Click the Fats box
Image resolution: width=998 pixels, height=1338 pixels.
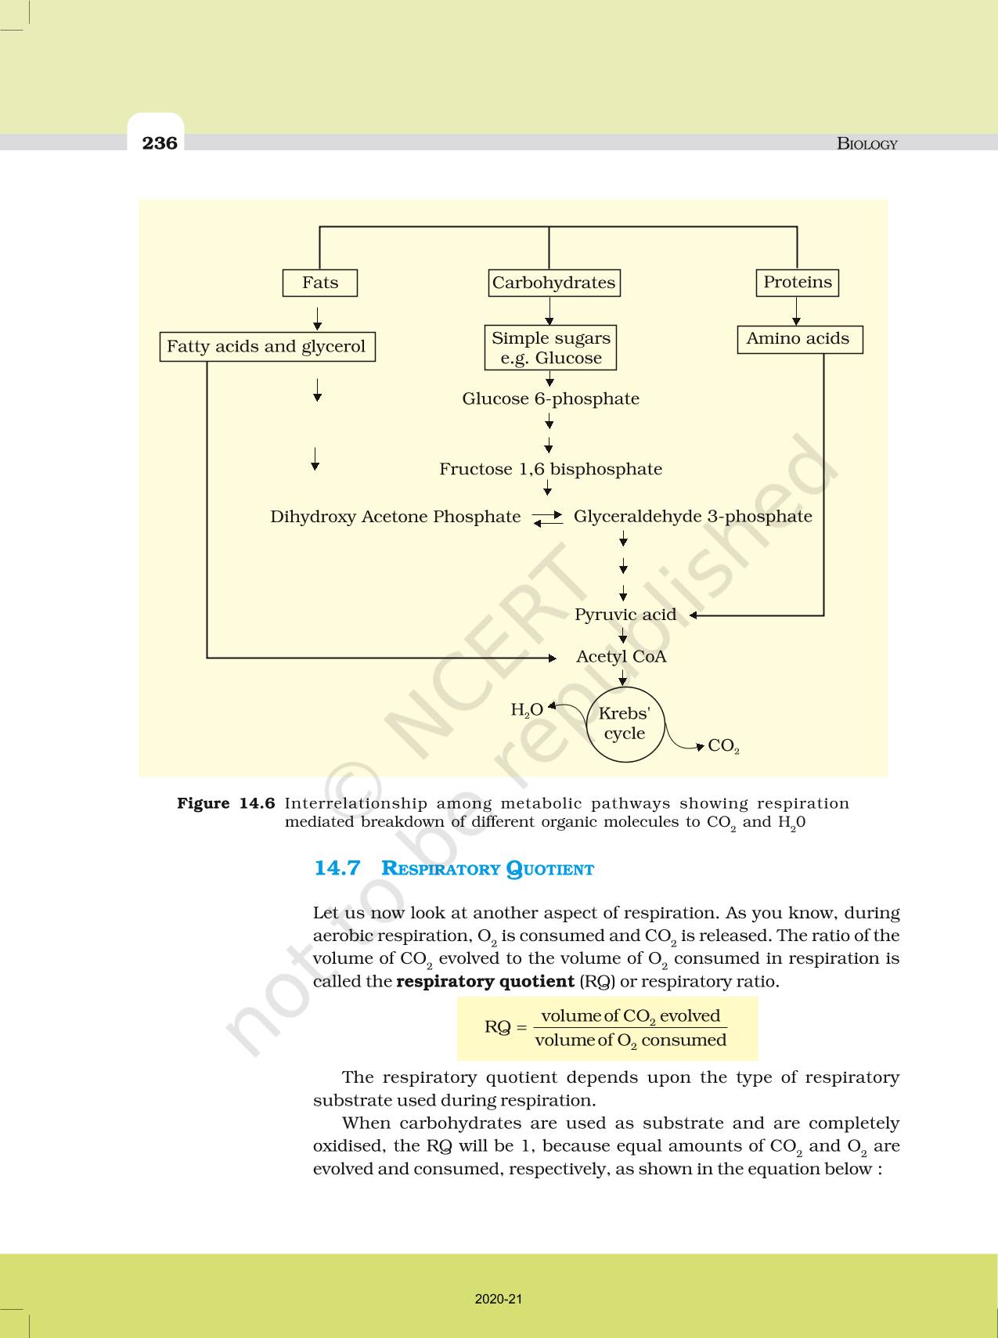(x=319, y=283)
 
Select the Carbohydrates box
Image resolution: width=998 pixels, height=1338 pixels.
(x=553, y=283)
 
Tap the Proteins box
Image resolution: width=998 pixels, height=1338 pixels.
(x=797, y=282)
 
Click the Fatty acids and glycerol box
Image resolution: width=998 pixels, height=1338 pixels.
(x=266, y=346)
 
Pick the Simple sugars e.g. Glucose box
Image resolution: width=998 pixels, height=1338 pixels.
(x=550, y=348)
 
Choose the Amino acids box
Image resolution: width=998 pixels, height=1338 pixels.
(x=798, y=339)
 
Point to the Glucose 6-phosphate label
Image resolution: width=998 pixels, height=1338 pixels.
(x=550, y=399)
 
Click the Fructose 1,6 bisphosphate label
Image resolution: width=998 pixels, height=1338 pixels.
(x=550, y=469)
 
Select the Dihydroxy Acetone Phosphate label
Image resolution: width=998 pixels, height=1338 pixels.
(x=395, y=517)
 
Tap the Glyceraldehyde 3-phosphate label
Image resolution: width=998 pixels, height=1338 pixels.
(x=693, y=517)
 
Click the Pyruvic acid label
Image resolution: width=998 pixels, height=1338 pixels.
(x=625, y=615)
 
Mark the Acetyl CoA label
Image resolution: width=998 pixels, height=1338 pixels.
(x=621, y=657)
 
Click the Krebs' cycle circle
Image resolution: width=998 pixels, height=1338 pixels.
(x=625, y=724)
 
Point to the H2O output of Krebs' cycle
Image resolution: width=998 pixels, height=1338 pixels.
(x=526, y=710)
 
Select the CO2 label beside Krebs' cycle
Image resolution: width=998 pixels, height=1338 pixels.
(x=723, y=746)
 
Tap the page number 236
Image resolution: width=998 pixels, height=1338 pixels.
(x=160, y=142)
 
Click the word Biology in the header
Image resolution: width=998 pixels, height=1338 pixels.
(x=866, y=143)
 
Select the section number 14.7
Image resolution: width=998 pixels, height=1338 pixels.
(x=337, y=868)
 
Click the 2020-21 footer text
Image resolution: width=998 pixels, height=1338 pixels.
(x=499, y=1299)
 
